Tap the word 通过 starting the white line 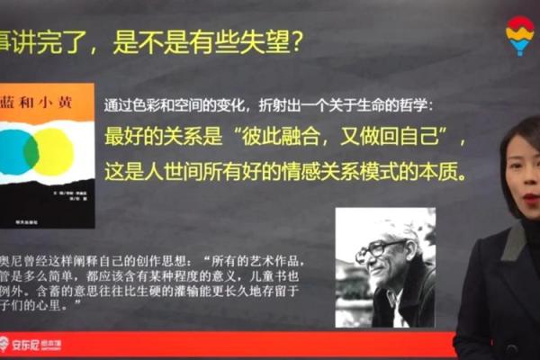117,105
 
